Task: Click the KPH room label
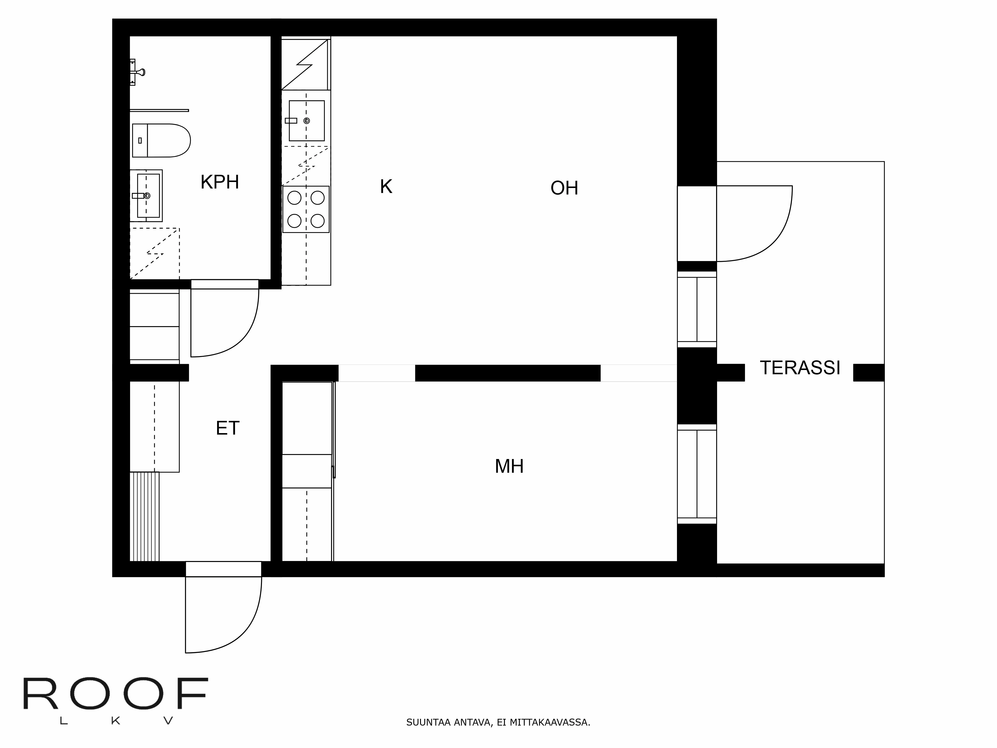220,182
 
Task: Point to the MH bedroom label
509,466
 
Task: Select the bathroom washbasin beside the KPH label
147,196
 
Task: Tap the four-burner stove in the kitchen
306,209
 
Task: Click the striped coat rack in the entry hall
144,516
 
